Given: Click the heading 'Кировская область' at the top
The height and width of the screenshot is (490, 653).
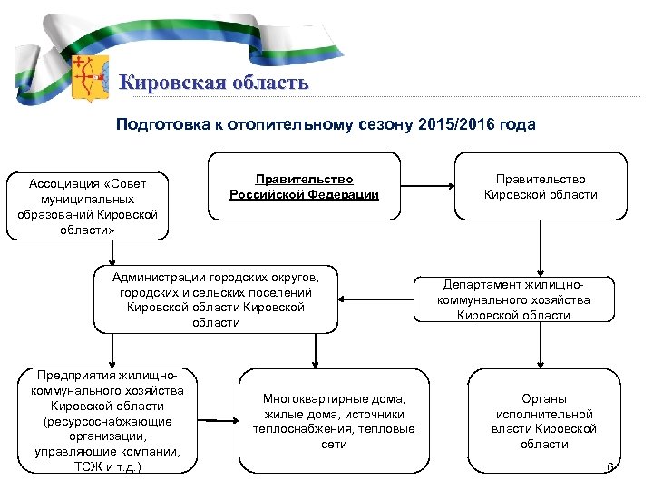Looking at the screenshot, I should coord(214,83).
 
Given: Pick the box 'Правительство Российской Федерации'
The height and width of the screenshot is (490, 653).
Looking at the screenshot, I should coord(304,187).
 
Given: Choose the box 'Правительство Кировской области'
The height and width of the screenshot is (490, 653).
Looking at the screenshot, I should coord(541,187).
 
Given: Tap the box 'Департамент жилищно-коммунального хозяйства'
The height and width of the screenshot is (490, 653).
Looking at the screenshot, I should coord(513,299).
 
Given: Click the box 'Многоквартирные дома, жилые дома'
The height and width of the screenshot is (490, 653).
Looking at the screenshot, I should coord(334,421).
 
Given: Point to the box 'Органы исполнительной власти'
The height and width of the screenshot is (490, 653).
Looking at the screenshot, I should coord(544,421).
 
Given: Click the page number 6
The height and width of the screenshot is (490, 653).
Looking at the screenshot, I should coord(609,468).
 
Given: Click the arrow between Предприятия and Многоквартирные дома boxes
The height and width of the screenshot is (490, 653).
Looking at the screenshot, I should coord(217,421).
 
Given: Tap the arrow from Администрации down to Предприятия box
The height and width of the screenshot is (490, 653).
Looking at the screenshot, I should coord(113,349).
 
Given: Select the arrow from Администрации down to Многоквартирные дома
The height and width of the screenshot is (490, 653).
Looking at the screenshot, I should coord(314,349).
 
